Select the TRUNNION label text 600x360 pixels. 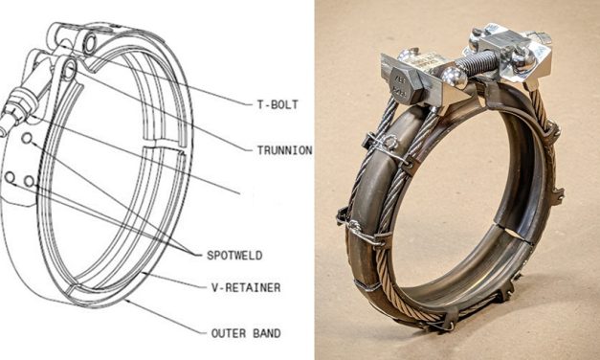click(283, 150)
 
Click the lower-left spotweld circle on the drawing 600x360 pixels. click(10, 178)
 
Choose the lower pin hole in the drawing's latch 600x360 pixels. click(69, 69)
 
